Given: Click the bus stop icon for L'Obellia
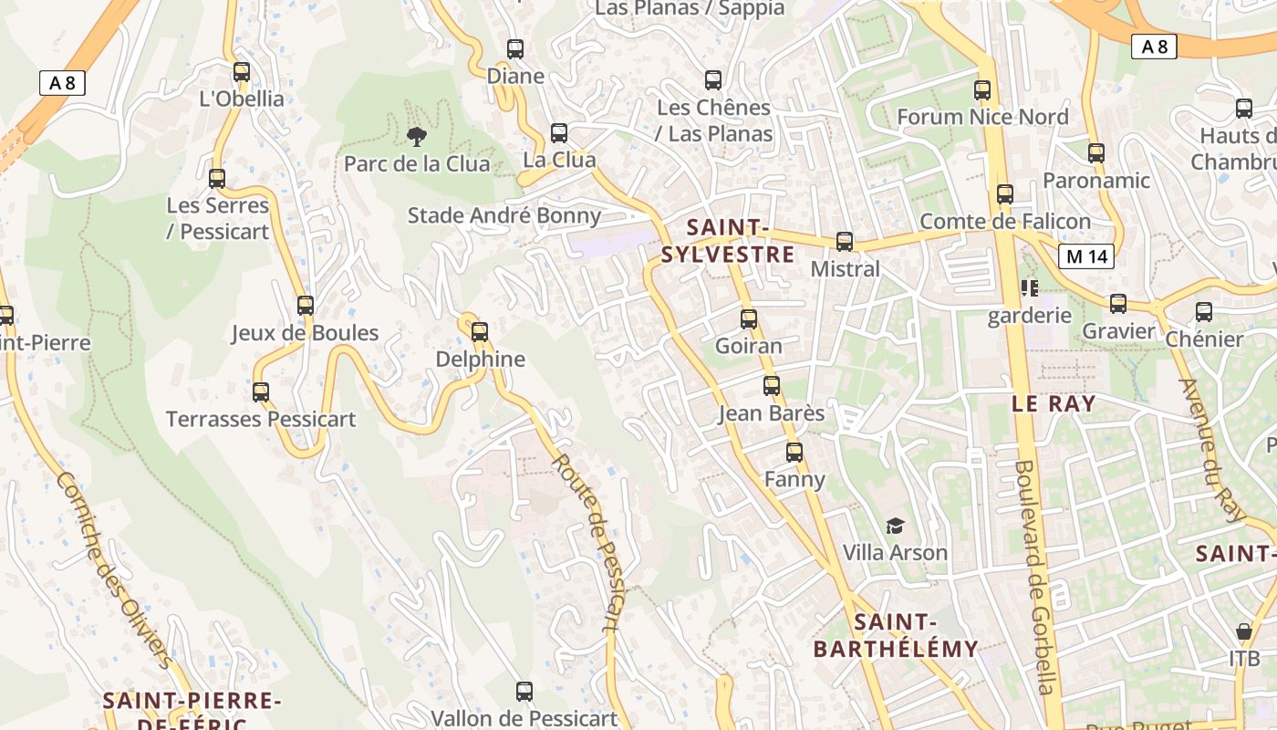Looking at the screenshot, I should [242, 72].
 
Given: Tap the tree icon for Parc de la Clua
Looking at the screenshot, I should [417, 138].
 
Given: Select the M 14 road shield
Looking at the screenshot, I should [1087, 256].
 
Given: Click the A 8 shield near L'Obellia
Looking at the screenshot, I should [62, 83].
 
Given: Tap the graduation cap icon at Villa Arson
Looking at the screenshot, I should [895, 527].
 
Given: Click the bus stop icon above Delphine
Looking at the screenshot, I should [480, 332].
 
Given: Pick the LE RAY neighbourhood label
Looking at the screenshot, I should [1054, 403].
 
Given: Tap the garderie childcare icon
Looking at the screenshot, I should [1030, 289].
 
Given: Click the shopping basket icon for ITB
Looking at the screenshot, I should [1243, 631].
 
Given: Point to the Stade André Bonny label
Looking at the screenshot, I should [504, 216].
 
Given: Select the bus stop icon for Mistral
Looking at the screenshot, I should [845, 242].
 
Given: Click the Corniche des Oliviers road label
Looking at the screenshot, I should [114, 570].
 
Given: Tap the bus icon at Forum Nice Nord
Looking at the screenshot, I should [982, 90].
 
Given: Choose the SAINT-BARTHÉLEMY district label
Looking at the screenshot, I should [895, 636].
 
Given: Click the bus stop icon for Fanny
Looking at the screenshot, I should [794, 452].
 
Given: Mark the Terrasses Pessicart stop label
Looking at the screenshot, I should [261, 420].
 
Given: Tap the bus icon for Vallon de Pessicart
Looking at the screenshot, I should [524, 692].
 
